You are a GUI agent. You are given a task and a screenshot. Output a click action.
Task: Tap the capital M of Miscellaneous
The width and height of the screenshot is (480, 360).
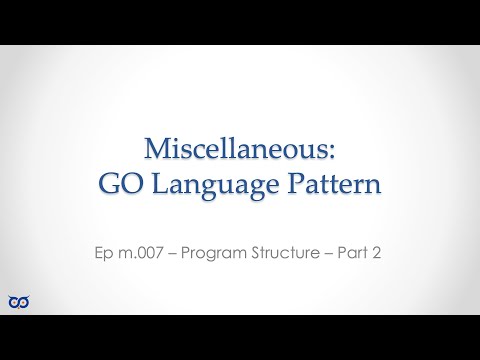[x=158, y=149]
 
